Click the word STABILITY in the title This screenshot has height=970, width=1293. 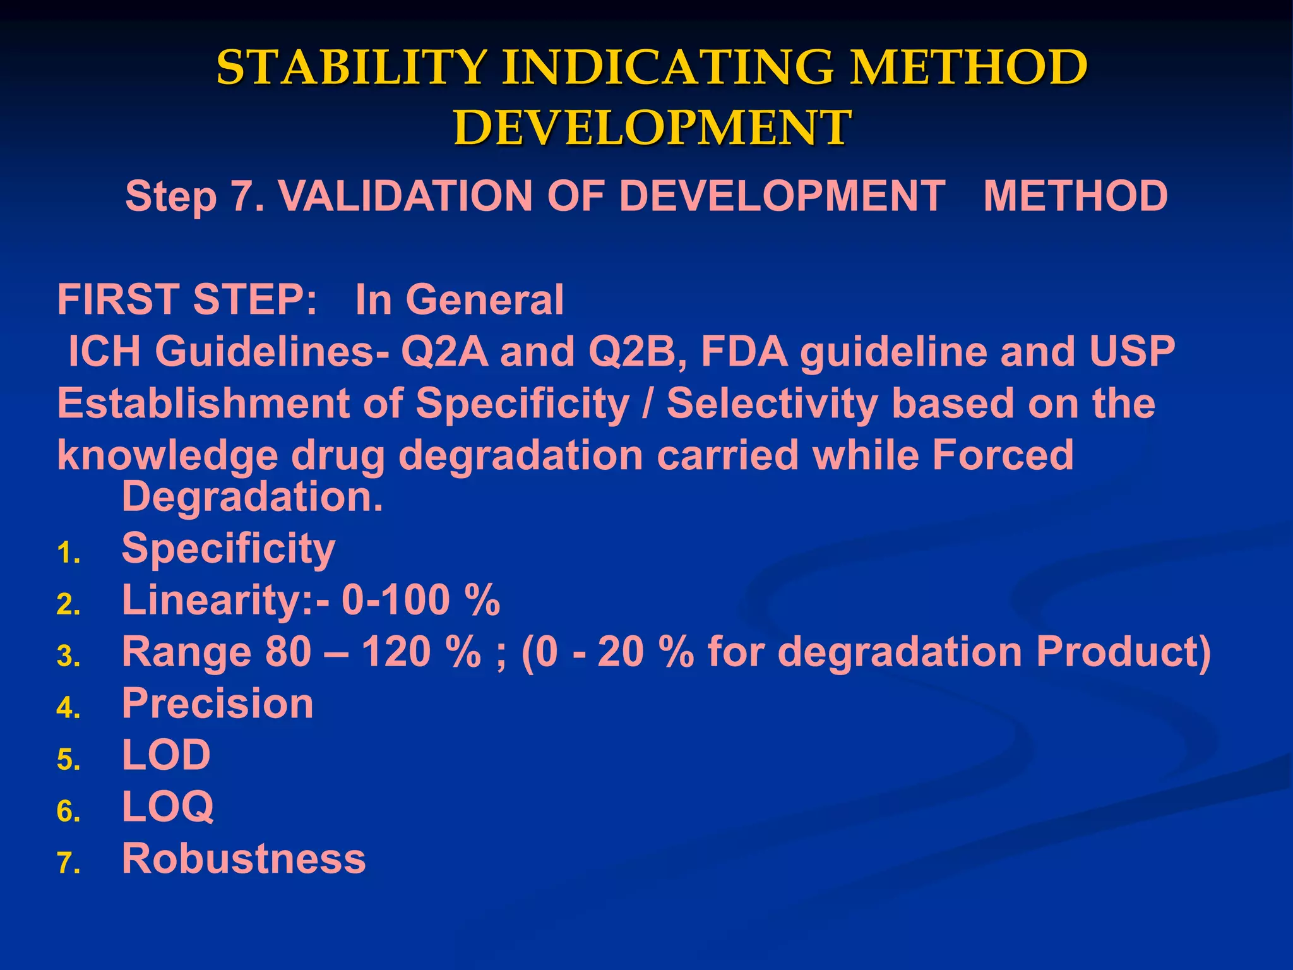(352, 68)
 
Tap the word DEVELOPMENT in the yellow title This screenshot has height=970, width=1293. (652, 128)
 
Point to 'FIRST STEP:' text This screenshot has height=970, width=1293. (187, 299)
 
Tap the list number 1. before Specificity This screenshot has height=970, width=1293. (68, 554)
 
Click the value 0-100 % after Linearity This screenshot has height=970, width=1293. (420, 600)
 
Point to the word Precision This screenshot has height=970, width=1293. (218, 704)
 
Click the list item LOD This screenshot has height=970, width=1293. (166, 755)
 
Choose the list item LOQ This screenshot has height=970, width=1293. (168, 807)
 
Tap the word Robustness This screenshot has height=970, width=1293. (244, 859)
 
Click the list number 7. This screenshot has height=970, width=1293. (68, 863)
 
